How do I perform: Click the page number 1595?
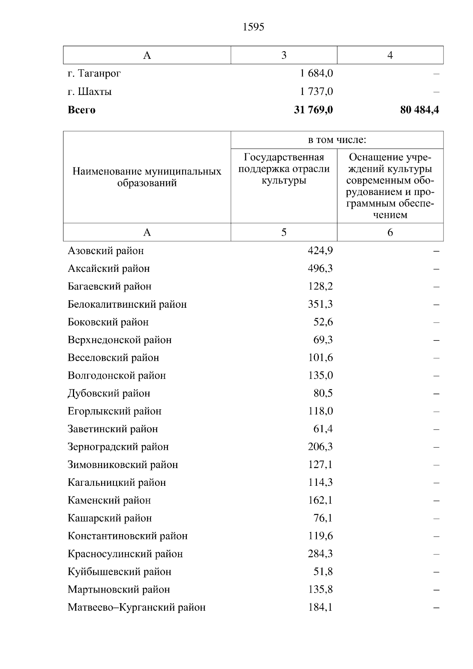[253, 27]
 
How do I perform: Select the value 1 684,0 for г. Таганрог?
[316, 73]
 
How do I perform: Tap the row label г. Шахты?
[89, 92]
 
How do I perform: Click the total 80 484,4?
[419, 110]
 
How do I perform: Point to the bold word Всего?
[82, 110]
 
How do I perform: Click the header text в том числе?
[337, 140]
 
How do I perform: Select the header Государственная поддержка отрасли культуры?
[284, 169]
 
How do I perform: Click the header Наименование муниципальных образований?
[147, 177]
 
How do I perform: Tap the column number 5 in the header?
[284, 232]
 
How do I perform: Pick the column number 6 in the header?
[390, 232]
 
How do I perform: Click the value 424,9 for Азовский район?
[320, 251]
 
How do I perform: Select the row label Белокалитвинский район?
[127, 304]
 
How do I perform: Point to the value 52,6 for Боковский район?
[323, 322]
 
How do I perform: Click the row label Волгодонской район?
[117, 375]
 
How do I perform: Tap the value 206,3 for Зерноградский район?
[320, 447]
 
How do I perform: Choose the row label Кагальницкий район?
[117, 483]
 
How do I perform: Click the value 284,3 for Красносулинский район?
[320, 554]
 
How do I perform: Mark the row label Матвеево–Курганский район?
[136, 608]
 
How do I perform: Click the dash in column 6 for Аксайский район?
[436, 269]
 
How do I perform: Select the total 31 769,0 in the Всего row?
[313, 110]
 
